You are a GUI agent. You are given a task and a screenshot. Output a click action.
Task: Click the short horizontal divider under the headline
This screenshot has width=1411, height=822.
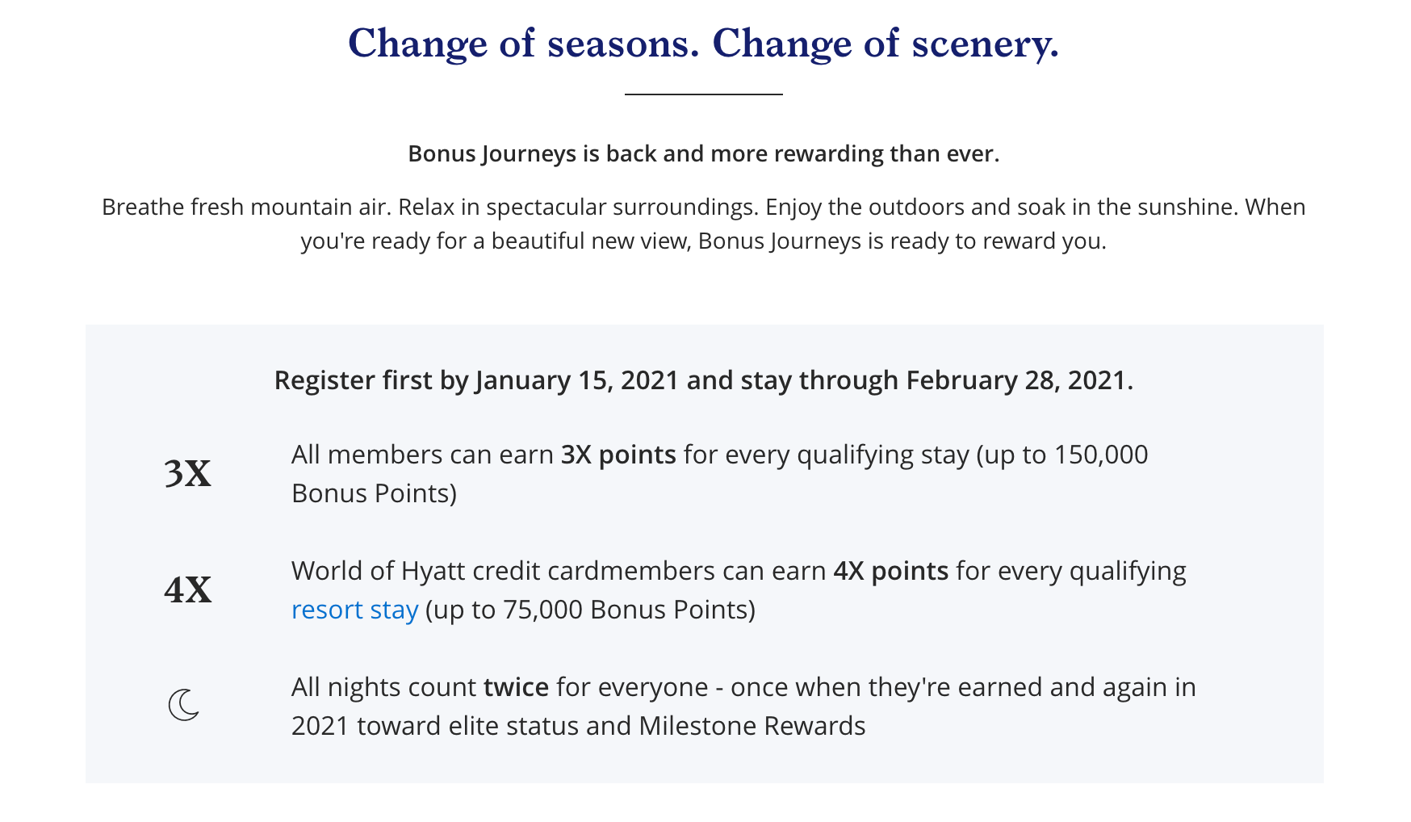[x=704, y=94]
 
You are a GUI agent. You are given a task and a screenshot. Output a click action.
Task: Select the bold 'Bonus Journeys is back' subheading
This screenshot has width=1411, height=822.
[x=704, y=153]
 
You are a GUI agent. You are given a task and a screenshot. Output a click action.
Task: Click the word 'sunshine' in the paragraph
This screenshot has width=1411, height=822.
[x=1187, y=207]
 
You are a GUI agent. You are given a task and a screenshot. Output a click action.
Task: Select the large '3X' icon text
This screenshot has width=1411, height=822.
[x=187, y=474]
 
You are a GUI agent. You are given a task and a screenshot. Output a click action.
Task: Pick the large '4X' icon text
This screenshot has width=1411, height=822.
[x=187, y=590]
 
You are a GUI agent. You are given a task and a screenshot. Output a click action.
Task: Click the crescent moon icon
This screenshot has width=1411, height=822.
[x=184, y=705]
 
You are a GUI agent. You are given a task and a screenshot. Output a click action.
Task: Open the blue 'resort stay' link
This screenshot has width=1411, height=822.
[x=354, y=610]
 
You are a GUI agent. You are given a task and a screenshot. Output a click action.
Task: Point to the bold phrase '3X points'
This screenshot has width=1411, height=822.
[x=618, y=455]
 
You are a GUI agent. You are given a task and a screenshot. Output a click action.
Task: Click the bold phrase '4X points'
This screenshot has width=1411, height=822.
[x=890, y=571]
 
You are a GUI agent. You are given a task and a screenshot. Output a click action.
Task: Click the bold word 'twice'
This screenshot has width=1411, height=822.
[x=516, y=687]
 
